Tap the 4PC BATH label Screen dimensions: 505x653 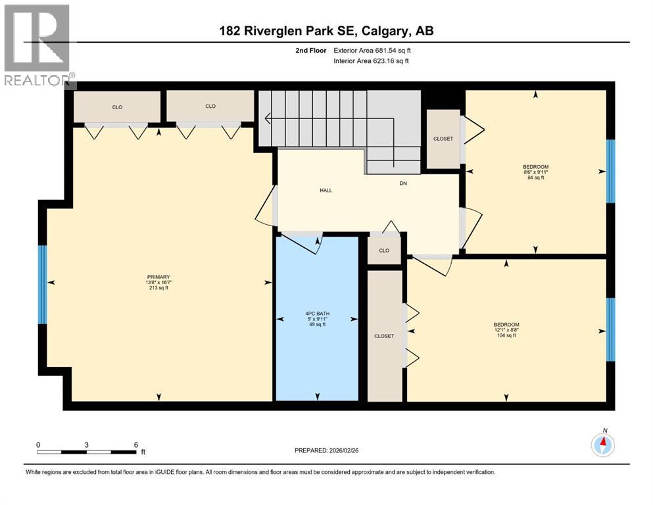point(317,318)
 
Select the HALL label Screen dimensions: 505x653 point(326,191)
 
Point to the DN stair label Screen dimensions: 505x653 point(404,183)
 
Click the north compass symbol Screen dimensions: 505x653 point(602,445)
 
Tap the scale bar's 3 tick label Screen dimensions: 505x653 point(87,445)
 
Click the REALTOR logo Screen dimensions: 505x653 point(37,46)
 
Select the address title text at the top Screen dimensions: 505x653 point(326,31)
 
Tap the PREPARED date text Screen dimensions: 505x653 point(327,450)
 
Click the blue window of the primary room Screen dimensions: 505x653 point(43,284)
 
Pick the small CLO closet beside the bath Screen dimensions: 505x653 point(384,251)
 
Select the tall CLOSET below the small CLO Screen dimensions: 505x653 point(384,335)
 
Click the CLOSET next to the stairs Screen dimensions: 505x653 point(443,139)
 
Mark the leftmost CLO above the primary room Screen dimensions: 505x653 point(117,107)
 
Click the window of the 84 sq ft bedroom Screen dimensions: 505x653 point(610,171)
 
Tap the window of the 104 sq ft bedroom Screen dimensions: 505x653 point(610,329)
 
